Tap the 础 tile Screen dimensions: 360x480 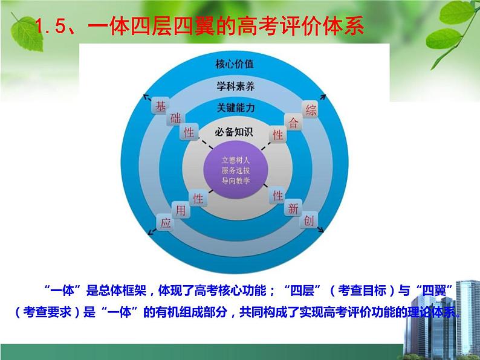point(175,119)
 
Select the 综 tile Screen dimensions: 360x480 point(311,110)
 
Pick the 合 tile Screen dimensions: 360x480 point(294,123)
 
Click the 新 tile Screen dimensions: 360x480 point(293,209)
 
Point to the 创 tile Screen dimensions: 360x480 point(309,221)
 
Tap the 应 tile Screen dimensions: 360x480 point(165,222)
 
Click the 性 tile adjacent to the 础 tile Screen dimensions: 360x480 point(189,132)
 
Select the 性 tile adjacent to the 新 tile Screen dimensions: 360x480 point(277,196)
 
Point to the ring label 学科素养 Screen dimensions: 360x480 point(235,86)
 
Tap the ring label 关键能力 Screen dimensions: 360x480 point(235,108)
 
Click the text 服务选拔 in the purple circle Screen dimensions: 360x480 point(235,170)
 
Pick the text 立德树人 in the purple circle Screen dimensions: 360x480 point(235,160)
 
